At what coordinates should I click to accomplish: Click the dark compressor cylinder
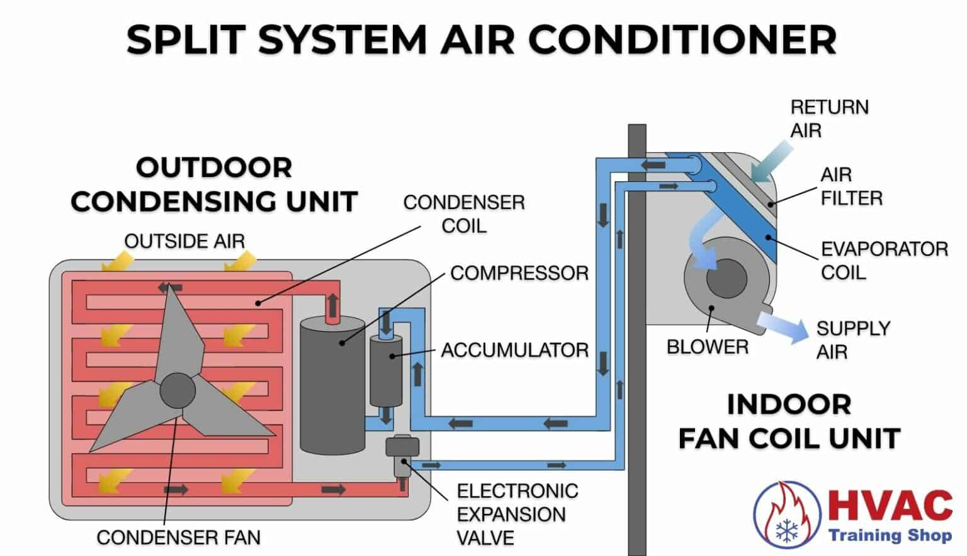pyautogui.click(x=332, y=387)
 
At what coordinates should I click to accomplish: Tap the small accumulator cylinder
pyautogui.click(x=385, y=372)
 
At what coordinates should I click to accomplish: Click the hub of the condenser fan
pyautogui.click(x=177, y=391)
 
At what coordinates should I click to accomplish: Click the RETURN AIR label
pyautogui.click(x=828, y=118)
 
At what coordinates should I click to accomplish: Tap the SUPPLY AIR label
pyautogui.click(x=852, y=340)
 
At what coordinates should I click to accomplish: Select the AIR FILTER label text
pyautogui.click(x=851, y=186)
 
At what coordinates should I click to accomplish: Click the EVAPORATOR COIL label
pyautogui.click(x=883, y=261)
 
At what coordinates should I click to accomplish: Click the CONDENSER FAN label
pyautogui.click(x=178, y=537)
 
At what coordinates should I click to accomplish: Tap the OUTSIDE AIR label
pyautogui.click(x=184, y=241)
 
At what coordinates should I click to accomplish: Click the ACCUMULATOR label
pyautogui.click(x=514, y=350)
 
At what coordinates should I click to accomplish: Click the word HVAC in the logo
pyautogui.click(x=890, y=505)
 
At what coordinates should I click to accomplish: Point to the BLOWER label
pyautogui.click(x=707, y=347)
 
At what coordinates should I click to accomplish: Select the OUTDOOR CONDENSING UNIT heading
pyautogui.click(x=213, y=185)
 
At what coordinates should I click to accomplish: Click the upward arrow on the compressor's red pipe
pyautogui.click(x=332, y=305)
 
